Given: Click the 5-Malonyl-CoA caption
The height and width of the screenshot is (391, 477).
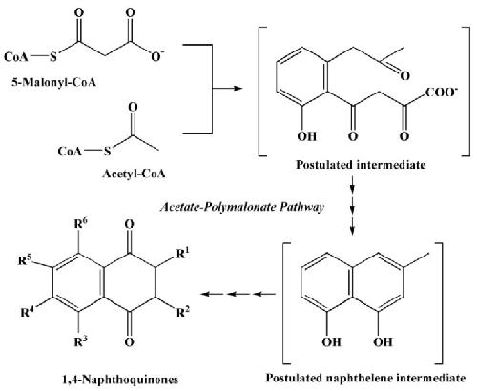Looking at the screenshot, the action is click(54, 83).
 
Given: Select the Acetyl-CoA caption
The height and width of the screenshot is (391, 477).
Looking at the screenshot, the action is click(134, 174).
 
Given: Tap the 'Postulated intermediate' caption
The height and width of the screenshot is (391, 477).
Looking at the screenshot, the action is click(361, 165).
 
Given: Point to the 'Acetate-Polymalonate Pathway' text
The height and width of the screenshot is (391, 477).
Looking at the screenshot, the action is click(242, 207).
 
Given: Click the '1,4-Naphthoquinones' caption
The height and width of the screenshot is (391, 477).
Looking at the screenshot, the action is click(120, 380).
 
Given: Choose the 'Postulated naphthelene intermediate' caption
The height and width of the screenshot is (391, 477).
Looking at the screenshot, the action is click(365, 378).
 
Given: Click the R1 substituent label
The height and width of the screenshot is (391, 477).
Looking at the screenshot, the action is click(182, 254).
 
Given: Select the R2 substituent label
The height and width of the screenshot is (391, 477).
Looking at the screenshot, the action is click(183, 312).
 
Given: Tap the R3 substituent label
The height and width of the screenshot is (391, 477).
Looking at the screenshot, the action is click(81, 341).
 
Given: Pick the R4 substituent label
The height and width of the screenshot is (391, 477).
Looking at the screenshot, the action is click(28, 312).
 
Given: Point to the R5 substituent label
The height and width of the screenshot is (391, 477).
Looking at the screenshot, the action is click(25, 259).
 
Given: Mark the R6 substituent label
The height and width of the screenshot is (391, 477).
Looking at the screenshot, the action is click(81, 224).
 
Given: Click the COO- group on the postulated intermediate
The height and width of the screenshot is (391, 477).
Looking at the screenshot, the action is click(441, 92).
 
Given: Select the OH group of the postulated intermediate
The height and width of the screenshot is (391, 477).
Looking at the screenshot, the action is click(307, 136).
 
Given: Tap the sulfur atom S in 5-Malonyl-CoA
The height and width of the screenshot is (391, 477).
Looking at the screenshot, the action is click(53, 57).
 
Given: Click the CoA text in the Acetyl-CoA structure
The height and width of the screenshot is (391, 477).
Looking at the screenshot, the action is click(70, 151).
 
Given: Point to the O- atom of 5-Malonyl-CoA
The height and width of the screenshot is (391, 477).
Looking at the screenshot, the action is click(157, 56).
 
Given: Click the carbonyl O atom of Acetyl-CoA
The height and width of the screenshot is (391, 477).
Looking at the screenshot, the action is click(133, 107).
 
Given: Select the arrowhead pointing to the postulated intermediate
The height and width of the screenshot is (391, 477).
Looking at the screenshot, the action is click(238, 88).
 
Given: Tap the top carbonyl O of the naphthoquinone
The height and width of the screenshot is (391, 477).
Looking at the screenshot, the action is click(129, 224).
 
